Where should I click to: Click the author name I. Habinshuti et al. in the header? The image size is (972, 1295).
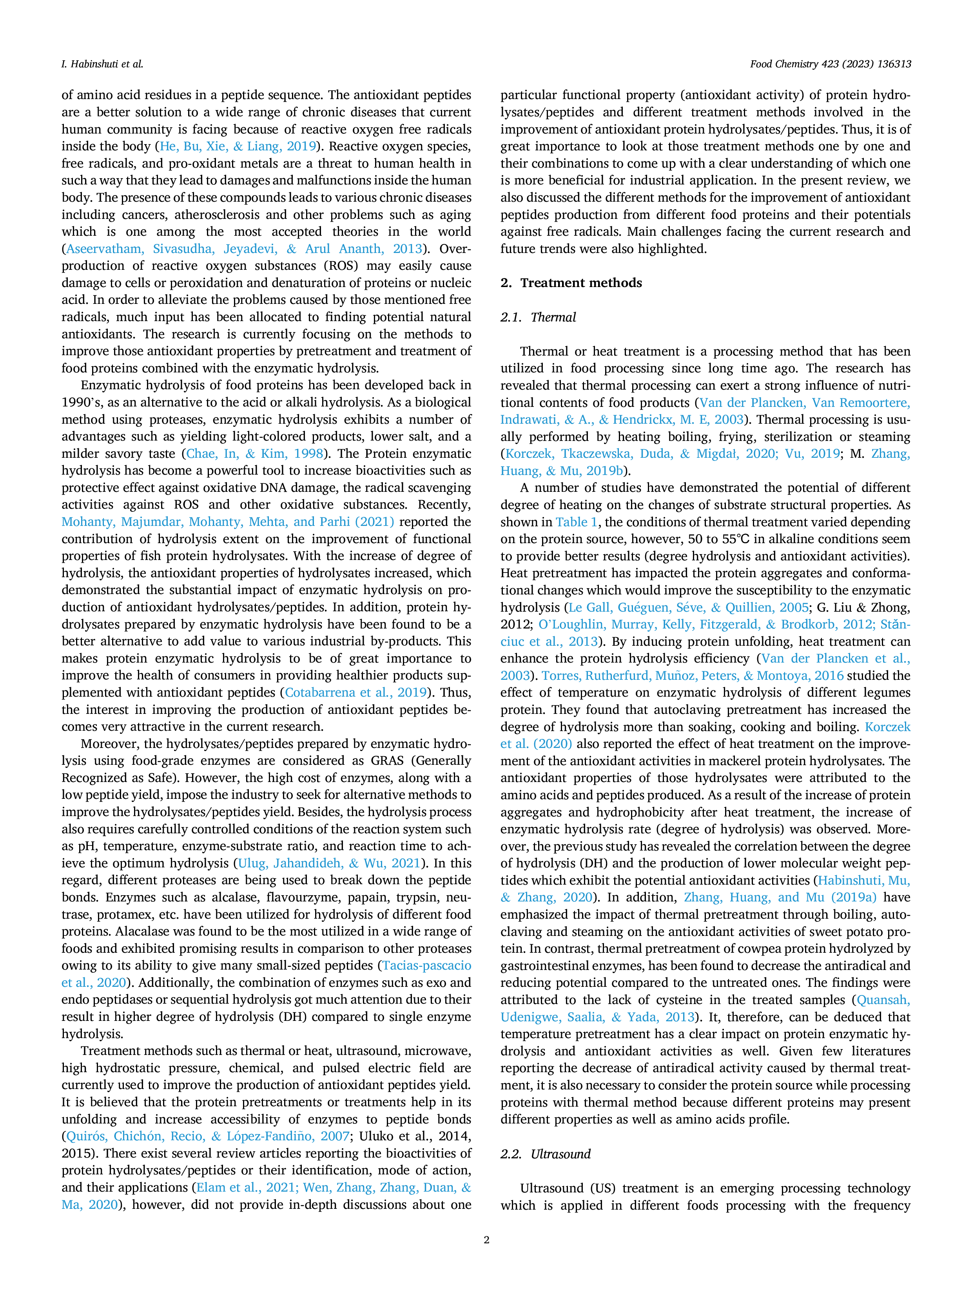(x=103, y=64)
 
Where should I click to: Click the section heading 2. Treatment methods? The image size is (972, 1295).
(x=571, y=283)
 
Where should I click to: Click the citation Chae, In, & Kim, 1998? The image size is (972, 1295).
(x=255, y=454)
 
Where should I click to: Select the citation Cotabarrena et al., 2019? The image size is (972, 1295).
(x=355, y=693)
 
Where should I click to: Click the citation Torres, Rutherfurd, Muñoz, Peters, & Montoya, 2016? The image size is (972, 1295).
(x=693, y=675)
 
